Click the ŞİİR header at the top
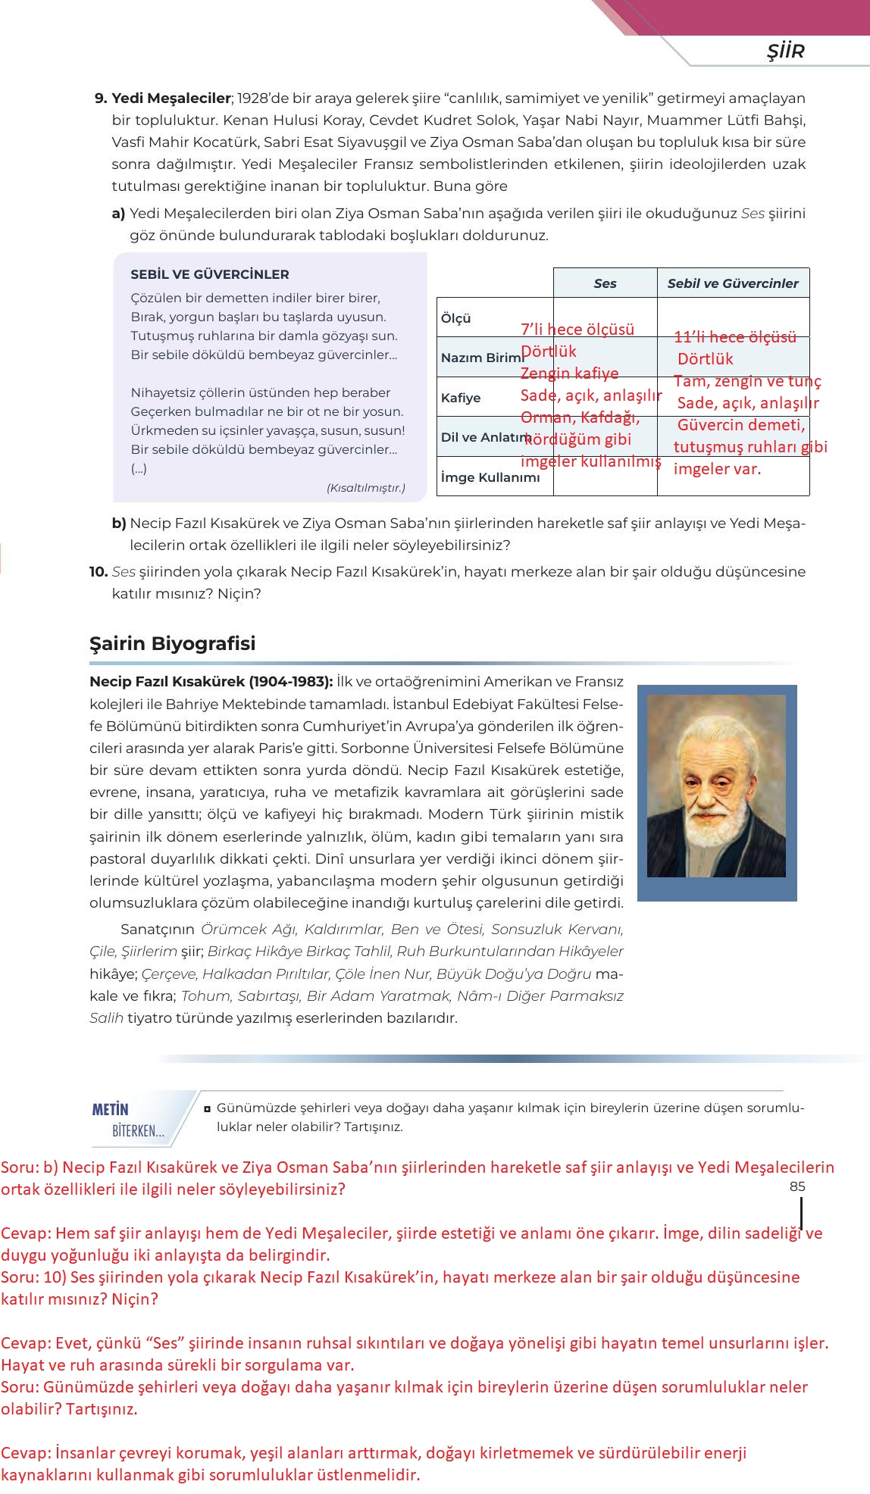coord(785,52)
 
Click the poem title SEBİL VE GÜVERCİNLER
coord(209,274)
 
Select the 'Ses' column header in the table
coord(605,283)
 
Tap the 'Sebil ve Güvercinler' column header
coord(732,283)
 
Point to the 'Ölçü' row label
coord(456,318)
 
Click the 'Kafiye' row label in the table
coord(460,398)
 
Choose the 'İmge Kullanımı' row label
coord(490,477)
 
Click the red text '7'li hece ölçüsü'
coord(577,330)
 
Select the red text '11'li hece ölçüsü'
coord(735,337)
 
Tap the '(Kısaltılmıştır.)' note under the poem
coord(365,488)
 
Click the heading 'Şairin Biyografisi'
coord(173,643)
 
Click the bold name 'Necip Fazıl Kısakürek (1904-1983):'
coord(211,682)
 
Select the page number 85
coord(797,1186)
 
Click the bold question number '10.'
coord(99,572)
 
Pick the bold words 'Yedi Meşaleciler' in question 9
coord(171,98)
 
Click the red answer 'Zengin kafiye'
coord(569,373)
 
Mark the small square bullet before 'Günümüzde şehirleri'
coord(207,1109)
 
